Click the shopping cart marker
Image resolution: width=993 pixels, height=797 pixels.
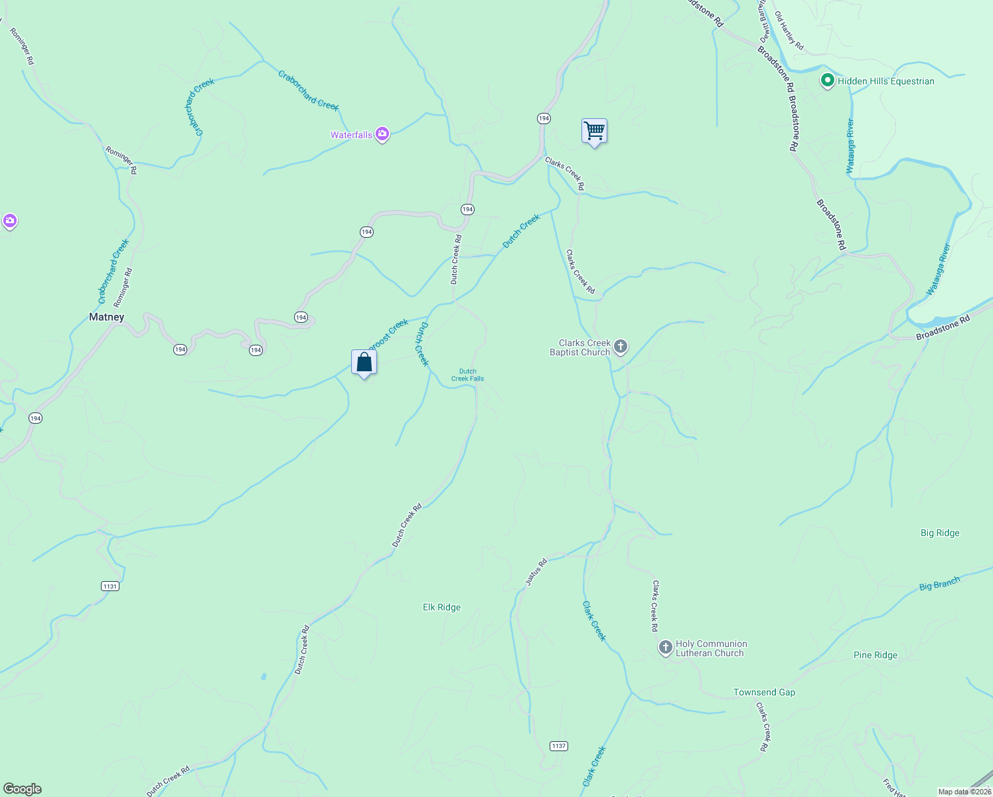[594, 131]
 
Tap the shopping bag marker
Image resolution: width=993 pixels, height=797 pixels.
[364, 363]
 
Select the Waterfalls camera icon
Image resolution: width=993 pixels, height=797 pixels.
[382, 135]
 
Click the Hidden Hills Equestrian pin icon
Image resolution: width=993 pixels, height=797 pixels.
[827, 81]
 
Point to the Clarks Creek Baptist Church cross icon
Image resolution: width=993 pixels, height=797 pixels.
[621, 346]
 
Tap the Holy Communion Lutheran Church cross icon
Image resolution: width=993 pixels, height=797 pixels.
[665, 648]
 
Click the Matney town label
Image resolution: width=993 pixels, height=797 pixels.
[106, 317]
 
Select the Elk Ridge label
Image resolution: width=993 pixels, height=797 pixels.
[441, 607]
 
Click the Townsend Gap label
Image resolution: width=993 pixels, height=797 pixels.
[764, 692]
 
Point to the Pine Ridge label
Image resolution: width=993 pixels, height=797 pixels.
[875, 655]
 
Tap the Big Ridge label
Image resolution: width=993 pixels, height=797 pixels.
[939, 533]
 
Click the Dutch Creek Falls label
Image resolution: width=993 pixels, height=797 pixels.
[467, 375]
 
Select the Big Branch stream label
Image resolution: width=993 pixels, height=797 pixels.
[939, 584]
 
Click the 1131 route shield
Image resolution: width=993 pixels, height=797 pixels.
[110, 586]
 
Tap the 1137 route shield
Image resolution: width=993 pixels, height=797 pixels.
[559, 746]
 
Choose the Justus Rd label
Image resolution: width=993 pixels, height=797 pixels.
[536, 572]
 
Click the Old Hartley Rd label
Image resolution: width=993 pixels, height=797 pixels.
[789, 31]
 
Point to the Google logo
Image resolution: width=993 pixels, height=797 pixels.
[23, 789]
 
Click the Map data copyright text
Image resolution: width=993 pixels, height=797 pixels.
[964, 792]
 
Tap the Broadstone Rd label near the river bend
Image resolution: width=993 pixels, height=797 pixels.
[943, 327]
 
